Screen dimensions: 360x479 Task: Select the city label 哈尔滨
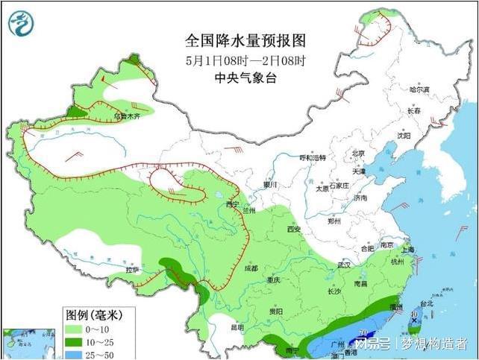(421, 89)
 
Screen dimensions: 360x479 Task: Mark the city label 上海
(407, 251)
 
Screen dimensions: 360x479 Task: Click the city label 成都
(249, 268)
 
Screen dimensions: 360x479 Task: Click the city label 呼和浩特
(313, 158)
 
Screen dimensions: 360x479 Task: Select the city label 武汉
(343, 265)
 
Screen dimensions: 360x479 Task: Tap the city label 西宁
(232, 203)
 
